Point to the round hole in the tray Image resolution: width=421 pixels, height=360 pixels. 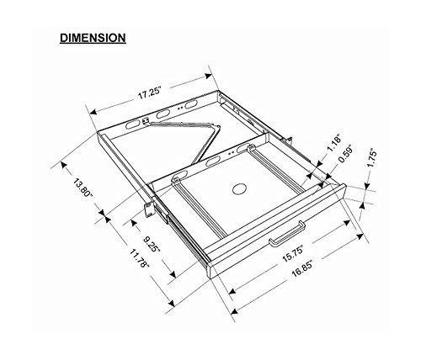[x=237, y=188]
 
